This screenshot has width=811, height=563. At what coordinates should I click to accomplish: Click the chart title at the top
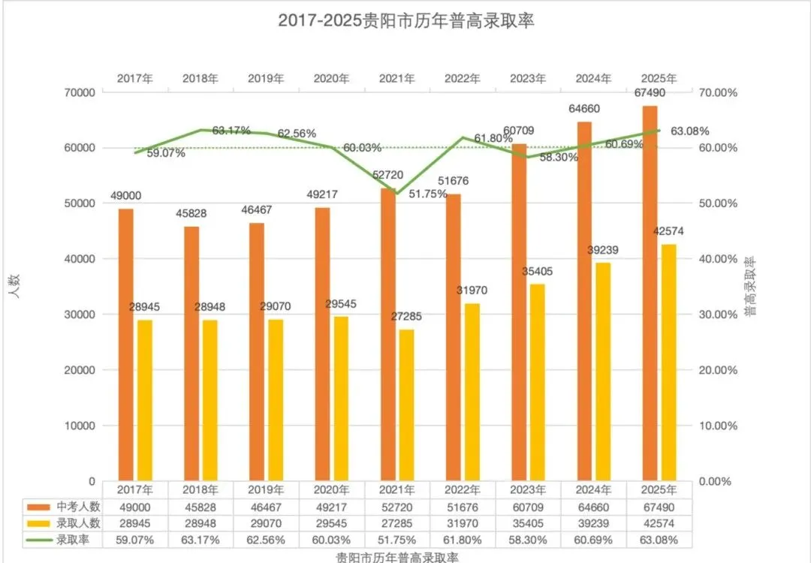point(405,20)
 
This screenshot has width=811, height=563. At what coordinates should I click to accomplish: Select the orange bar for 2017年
point(126,345)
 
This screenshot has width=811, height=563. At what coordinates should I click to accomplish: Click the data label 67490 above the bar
point(650,93)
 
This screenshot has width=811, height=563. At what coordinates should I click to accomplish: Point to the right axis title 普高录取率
point(751,287)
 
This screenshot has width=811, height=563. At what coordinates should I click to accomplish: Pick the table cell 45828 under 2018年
point(201,507)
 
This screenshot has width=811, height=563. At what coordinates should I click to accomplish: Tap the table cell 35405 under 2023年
point(529,523)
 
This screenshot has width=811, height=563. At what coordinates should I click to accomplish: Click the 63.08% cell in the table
point(659,540)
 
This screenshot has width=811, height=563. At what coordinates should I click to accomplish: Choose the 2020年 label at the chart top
point(331,78)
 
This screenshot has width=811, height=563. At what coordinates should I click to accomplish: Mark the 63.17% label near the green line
point(231,131)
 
